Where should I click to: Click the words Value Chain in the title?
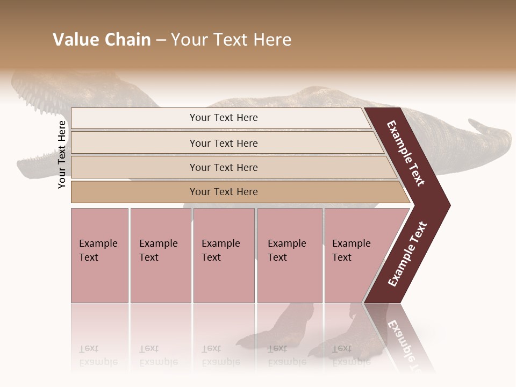coord(102,40)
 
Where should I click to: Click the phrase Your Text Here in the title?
coord(231,40)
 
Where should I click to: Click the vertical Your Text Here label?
coord(62,154)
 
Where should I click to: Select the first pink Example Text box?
coord(99,255)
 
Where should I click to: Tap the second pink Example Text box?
coord(160,255)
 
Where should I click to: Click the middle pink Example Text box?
coord(224,255)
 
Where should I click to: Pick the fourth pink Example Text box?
coord(290,255)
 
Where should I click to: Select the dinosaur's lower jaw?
coord(38,161)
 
